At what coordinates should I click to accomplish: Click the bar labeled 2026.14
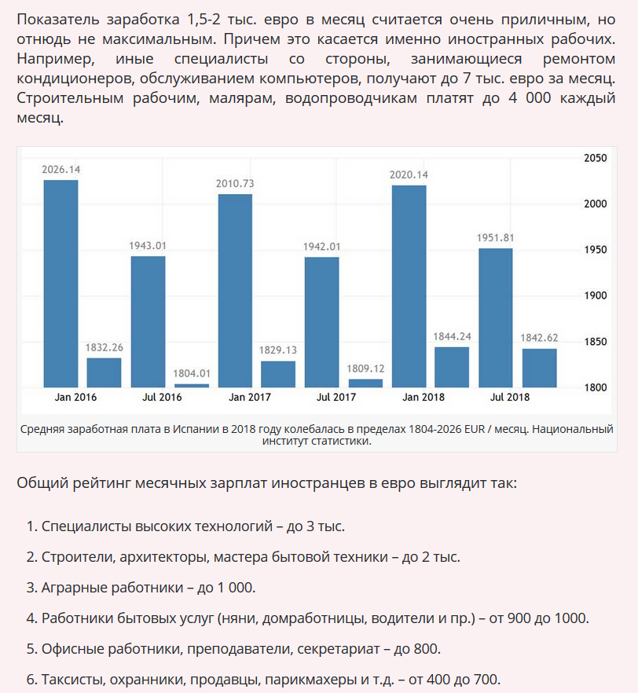[60, 283]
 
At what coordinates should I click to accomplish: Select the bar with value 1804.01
[192, 385]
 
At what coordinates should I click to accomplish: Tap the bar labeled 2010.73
[235, 290]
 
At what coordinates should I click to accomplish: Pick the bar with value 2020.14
[409, 286]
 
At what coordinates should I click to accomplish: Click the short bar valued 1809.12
[365, 383]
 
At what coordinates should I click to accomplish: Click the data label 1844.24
[452, 336]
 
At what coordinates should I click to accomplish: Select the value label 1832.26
[104, 347]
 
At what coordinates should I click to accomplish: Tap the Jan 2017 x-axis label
[250, 397]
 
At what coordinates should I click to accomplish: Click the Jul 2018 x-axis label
[510, 397]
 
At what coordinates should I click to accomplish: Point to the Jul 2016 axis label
[162, 397]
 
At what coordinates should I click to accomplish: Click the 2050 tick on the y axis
[596, 158]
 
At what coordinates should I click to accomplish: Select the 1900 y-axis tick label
[596, 295]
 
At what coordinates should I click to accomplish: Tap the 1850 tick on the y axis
[596, 342]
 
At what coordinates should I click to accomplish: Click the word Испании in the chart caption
[195, 429]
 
